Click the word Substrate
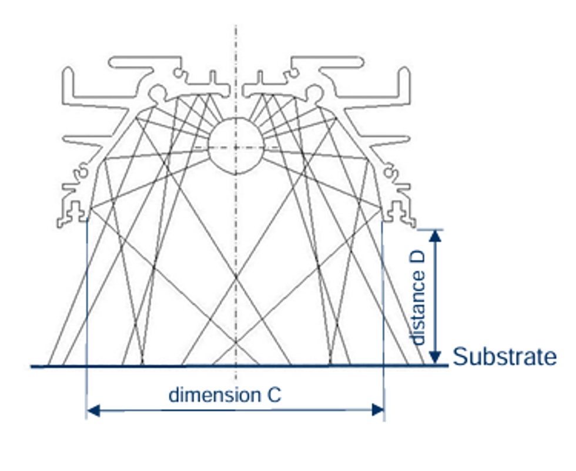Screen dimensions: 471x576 pyautogui.click(x=505, y=357)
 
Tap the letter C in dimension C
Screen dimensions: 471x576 pyautogui.click(x=274, y=394)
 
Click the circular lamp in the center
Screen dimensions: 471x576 pyautogui.click(x=236, y=147)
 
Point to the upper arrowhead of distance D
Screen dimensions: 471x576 pyautogui.click(x=435, y=236)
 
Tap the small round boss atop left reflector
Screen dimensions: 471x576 pyautogui.click(x=158, y=92)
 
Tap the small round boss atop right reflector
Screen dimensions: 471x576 pyautogui.click(x=314, y=92)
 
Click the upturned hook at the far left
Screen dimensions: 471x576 pyautogui.click(x=68, y=80)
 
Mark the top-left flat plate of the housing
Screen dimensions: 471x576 pyautogui.click(x=144, y=61)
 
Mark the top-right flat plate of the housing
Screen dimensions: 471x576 pyautogui.click(x=327, y=61)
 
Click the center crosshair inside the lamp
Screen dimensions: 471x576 pyautogui.click(x=236, y=147)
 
